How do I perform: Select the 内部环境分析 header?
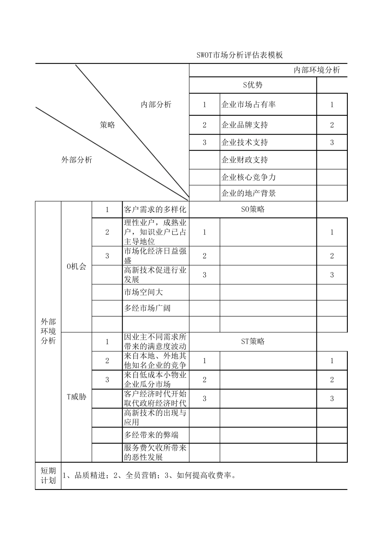[x=317, y=70]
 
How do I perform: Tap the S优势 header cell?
[x=253, y=85]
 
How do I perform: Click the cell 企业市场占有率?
[x=248, y=104]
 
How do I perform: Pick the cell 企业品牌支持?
[x=245, y=125]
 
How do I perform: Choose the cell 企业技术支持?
[x=245, y=142]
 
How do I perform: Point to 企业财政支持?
[x=245, y=160]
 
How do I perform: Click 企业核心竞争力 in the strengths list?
[x=248, y=177]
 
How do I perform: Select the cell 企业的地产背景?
[x=248, y=193]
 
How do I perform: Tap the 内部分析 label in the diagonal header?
[x=156, y=105]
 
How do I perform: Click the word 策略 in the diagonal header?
[x=107, y=125]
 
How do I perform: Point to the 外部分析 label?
[x=77, y=160]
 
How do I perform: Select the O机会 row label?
[x=76, y=267]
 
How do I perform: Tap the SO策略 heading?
[x=253, y=209]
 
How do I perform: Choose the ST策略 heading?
[x=253, y=341]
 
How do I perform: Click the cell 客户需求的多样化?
[x=155, y=210]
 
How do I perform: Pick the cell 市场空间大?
[x=143, y=292]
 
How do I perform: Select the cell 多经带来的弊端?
[x=151, y=435]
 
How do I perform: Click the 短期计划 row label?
[x=48, y=476]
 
